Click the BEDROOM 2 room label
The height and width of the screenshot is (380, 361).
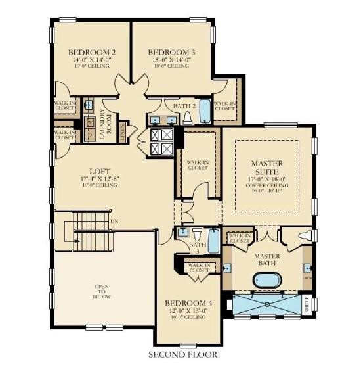point(93,51)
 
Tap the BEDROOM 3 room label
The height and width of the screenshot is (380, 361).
point(171,51)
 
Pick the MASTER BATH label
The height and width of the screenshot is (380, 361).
point(267,259)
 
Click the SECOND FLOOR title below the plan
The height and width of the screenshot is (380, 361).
point(182,355)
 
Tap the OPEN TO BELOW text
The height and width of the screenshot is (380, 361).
point(102,292)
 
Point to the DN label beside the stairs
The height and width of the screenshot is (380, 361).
point(114,221)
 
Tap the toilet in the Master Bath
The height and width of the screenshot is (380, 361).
point(305,235)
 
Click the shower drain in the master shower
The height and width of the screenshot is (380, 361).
point(267,304)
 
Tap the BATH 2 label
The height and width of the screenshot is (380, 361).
point(185,105)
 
